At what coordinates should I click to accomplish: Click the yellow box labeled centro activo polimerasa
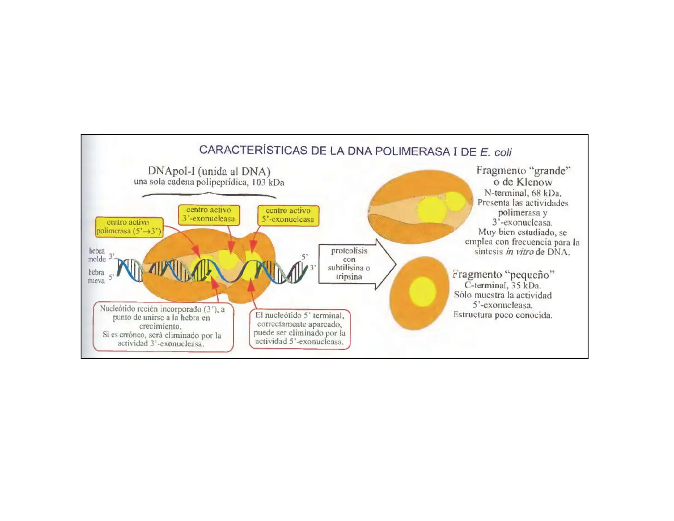click(129, 227)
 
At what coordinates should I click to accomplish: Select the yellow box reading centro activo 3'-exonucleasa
click(209, 215)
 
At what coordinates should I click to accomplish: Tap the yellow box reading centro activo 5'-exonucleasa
click(288, 215)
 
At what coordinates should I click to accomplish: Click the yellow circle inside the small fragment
click(423, 291)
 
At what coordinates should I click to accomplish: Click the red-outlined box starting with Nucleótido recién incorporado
click(163, 326)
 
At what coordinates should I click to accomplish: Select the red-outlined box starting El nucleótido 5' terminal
click(299, 329)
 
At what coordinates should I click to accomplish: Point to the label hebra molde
click(97, 255)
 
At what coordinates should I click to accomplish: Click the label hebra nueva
click(96, 276)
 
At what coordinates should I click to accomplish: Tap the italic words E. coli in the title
click(496, 152)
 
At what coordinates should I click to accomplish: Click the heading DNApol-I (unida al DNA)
click(209, 171)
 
